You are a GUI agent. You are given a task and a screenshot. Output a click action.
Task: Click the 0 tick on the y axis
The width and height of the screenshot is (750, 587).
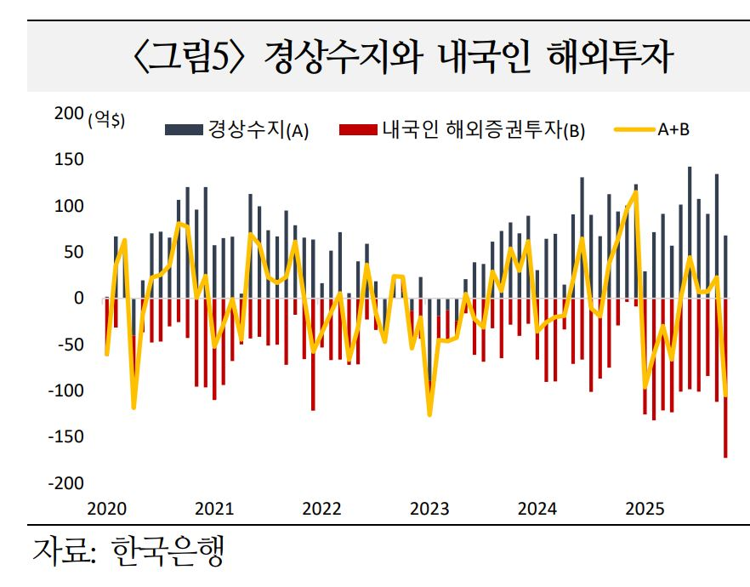click(79, 299)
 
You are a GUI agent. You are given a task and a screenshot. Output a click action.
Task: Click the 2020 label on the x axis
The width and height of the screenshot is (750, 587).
click(105, 510)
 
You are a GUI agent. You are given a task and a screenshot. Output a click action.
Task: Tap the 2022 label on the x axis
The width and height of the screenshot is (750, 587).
click(321, 510)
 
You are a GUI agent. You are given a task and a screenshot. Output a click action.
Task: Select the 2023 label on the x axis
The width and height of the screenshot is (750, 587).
click(429, 510)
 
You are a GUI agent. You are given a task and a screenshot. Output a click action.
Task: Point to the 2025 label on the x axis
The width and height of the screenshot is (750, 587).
click(645, 510)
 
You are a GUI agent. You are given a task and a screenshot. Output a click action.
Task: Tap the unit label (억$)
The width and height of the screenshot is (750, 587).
click(106, 120)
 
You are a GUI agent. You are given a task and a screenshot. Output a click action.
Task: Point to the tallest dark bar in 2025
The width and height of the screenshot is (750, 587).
click(689, 230)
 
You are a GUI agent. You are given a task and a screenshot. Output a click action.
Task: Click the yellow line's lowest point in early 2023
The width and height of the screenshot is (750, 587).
click(429, 415)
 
